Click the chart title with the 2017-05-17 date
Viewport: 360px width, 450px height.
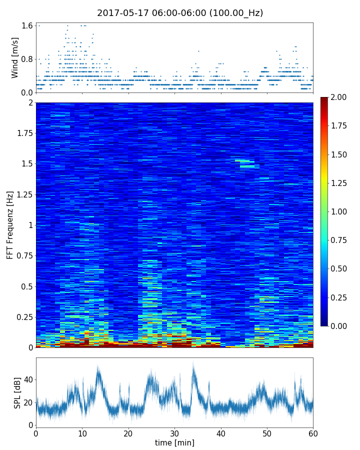click(x=180, y=13)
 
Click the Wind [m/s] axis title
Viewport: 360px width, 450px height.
click(x=15, y=57)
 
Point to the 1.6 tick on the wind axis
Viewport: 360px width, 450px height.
click(x=27, y=25)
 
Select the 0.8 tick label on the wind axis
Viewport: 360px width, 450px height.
click(x=27, y=59)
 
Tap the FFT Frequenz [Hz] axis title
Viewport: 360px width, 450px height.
click(x=10, y=224)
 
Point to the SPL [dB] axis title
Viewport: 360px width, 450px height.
click(x=17, y=392)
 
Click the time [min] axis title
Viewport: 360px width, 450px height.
click(x=174, y=442)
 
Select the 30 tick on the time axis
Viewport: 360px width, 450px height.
click(x=174, y=433)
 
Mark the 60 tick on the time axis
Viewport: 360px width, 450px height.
click(x=313, y=433)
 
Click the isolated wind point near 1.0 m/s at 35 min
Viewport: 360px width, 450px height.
click(x=198, y=51)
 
